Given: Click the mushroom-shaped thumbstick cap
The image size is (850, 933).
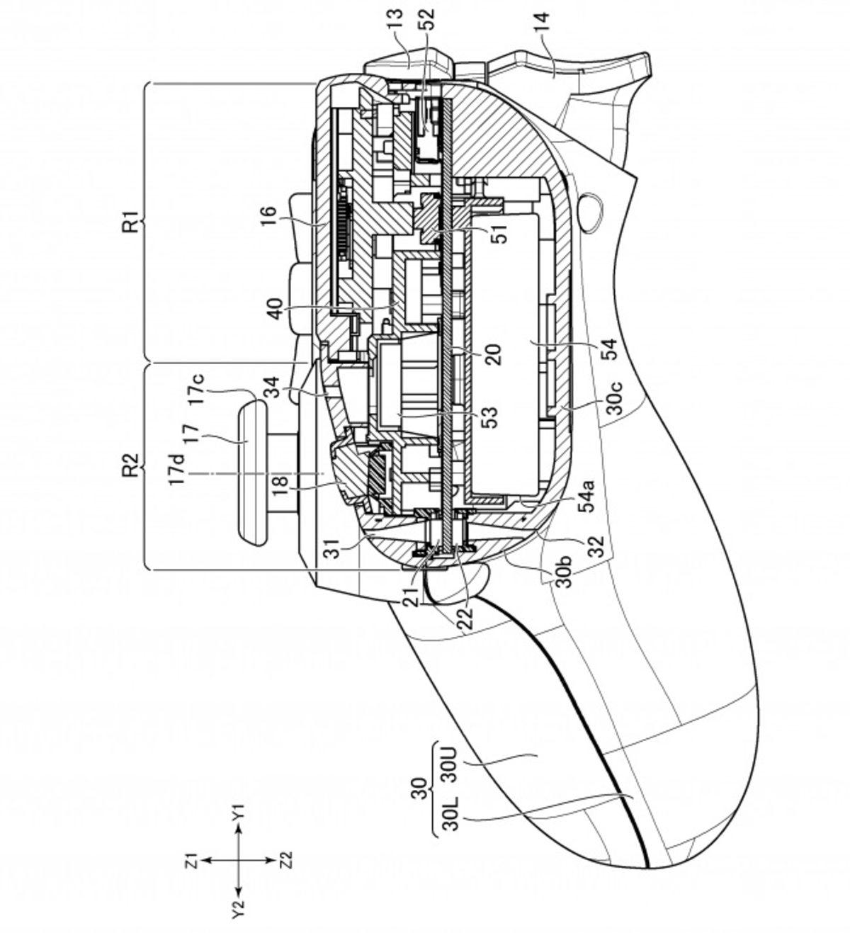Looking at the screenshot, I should [251, 472].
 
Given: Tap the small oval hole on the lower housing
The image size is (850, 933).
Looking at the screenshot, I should [591, 210].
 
